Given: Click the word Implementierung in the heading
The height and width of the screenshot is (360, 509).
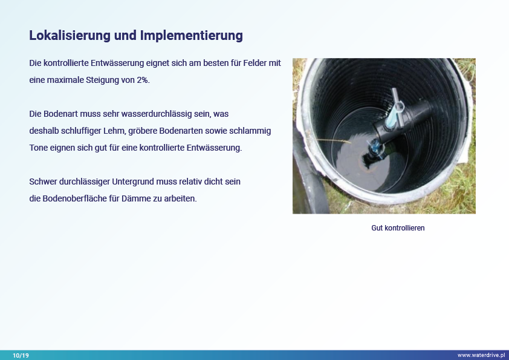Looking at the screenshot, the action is click(x=191, y=36).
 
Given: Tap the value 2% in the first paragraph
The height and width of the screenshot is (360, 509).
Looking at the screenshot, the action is click(x=142, y=80).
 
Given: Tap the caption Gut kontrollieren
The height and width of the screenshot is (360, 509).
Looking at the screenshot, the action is click(x=398, y=228).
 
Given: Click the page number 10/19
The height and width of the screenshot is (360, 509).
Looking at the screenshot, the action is click(x=21, y=355).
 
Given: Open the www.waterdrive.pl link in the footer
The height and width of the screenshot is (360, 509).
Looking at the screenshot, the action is click(x=481, y=355).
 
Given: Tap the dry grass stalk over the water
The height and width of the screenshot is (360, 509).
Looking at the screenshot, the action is click(x=329, y=140).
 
